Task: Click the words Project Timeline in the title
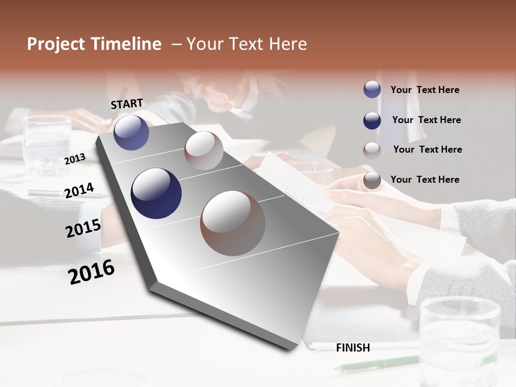click(x=94, y=44)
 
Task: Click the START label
click(x=127, y=104)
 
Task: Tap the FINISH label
click(x=353, y=348)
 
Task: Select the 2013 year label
click(x=75, y=159)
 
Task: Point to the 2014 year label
click(x=79, y=191)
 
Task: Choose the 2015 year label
click(x=83, y=228)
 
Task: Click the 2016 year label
click(x=91, y=271)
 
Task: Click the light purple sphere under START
click(x=131, y=133)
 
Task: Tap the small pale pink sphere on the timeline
click(x=204, y=150)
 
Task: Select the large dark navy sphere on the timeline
click(x=156, y=193)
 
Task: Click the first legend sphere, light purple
click(x=372, y=90)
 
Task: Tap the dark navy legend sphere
click(x=372, y=120)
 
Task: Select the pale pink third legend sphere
click(x=372, y=150)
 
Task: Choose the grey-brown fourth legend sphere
click(x=372, y=181)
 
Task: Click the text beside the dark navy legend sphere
click(x=426, y=120)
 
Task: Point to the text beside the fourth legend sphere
click(x=425, y=180)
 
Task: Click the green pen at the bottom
click(x=376, y=364)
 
